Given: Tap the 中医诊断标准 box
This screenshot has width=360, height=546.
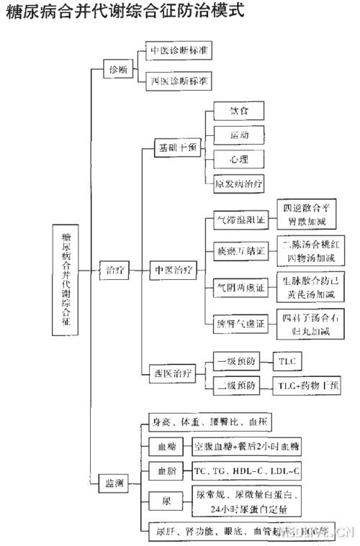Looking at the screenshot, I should (179, 52).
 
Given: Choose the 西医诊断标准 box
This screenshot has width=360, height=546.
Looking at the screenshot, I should (179, 81).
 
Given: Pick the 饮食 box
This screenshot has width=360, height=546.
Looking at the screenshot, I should (239, 112).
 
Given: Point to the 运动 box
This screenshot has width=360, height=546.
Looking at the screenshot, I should (239, 135).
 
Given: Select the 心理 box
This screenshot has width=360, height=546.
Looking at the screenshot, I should (239, 158).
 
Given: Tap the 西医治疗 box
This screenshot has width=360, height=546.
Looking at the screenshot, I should (173, 372).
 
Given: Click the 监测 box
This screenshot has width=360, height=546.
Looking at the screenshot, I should (114, 482).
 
